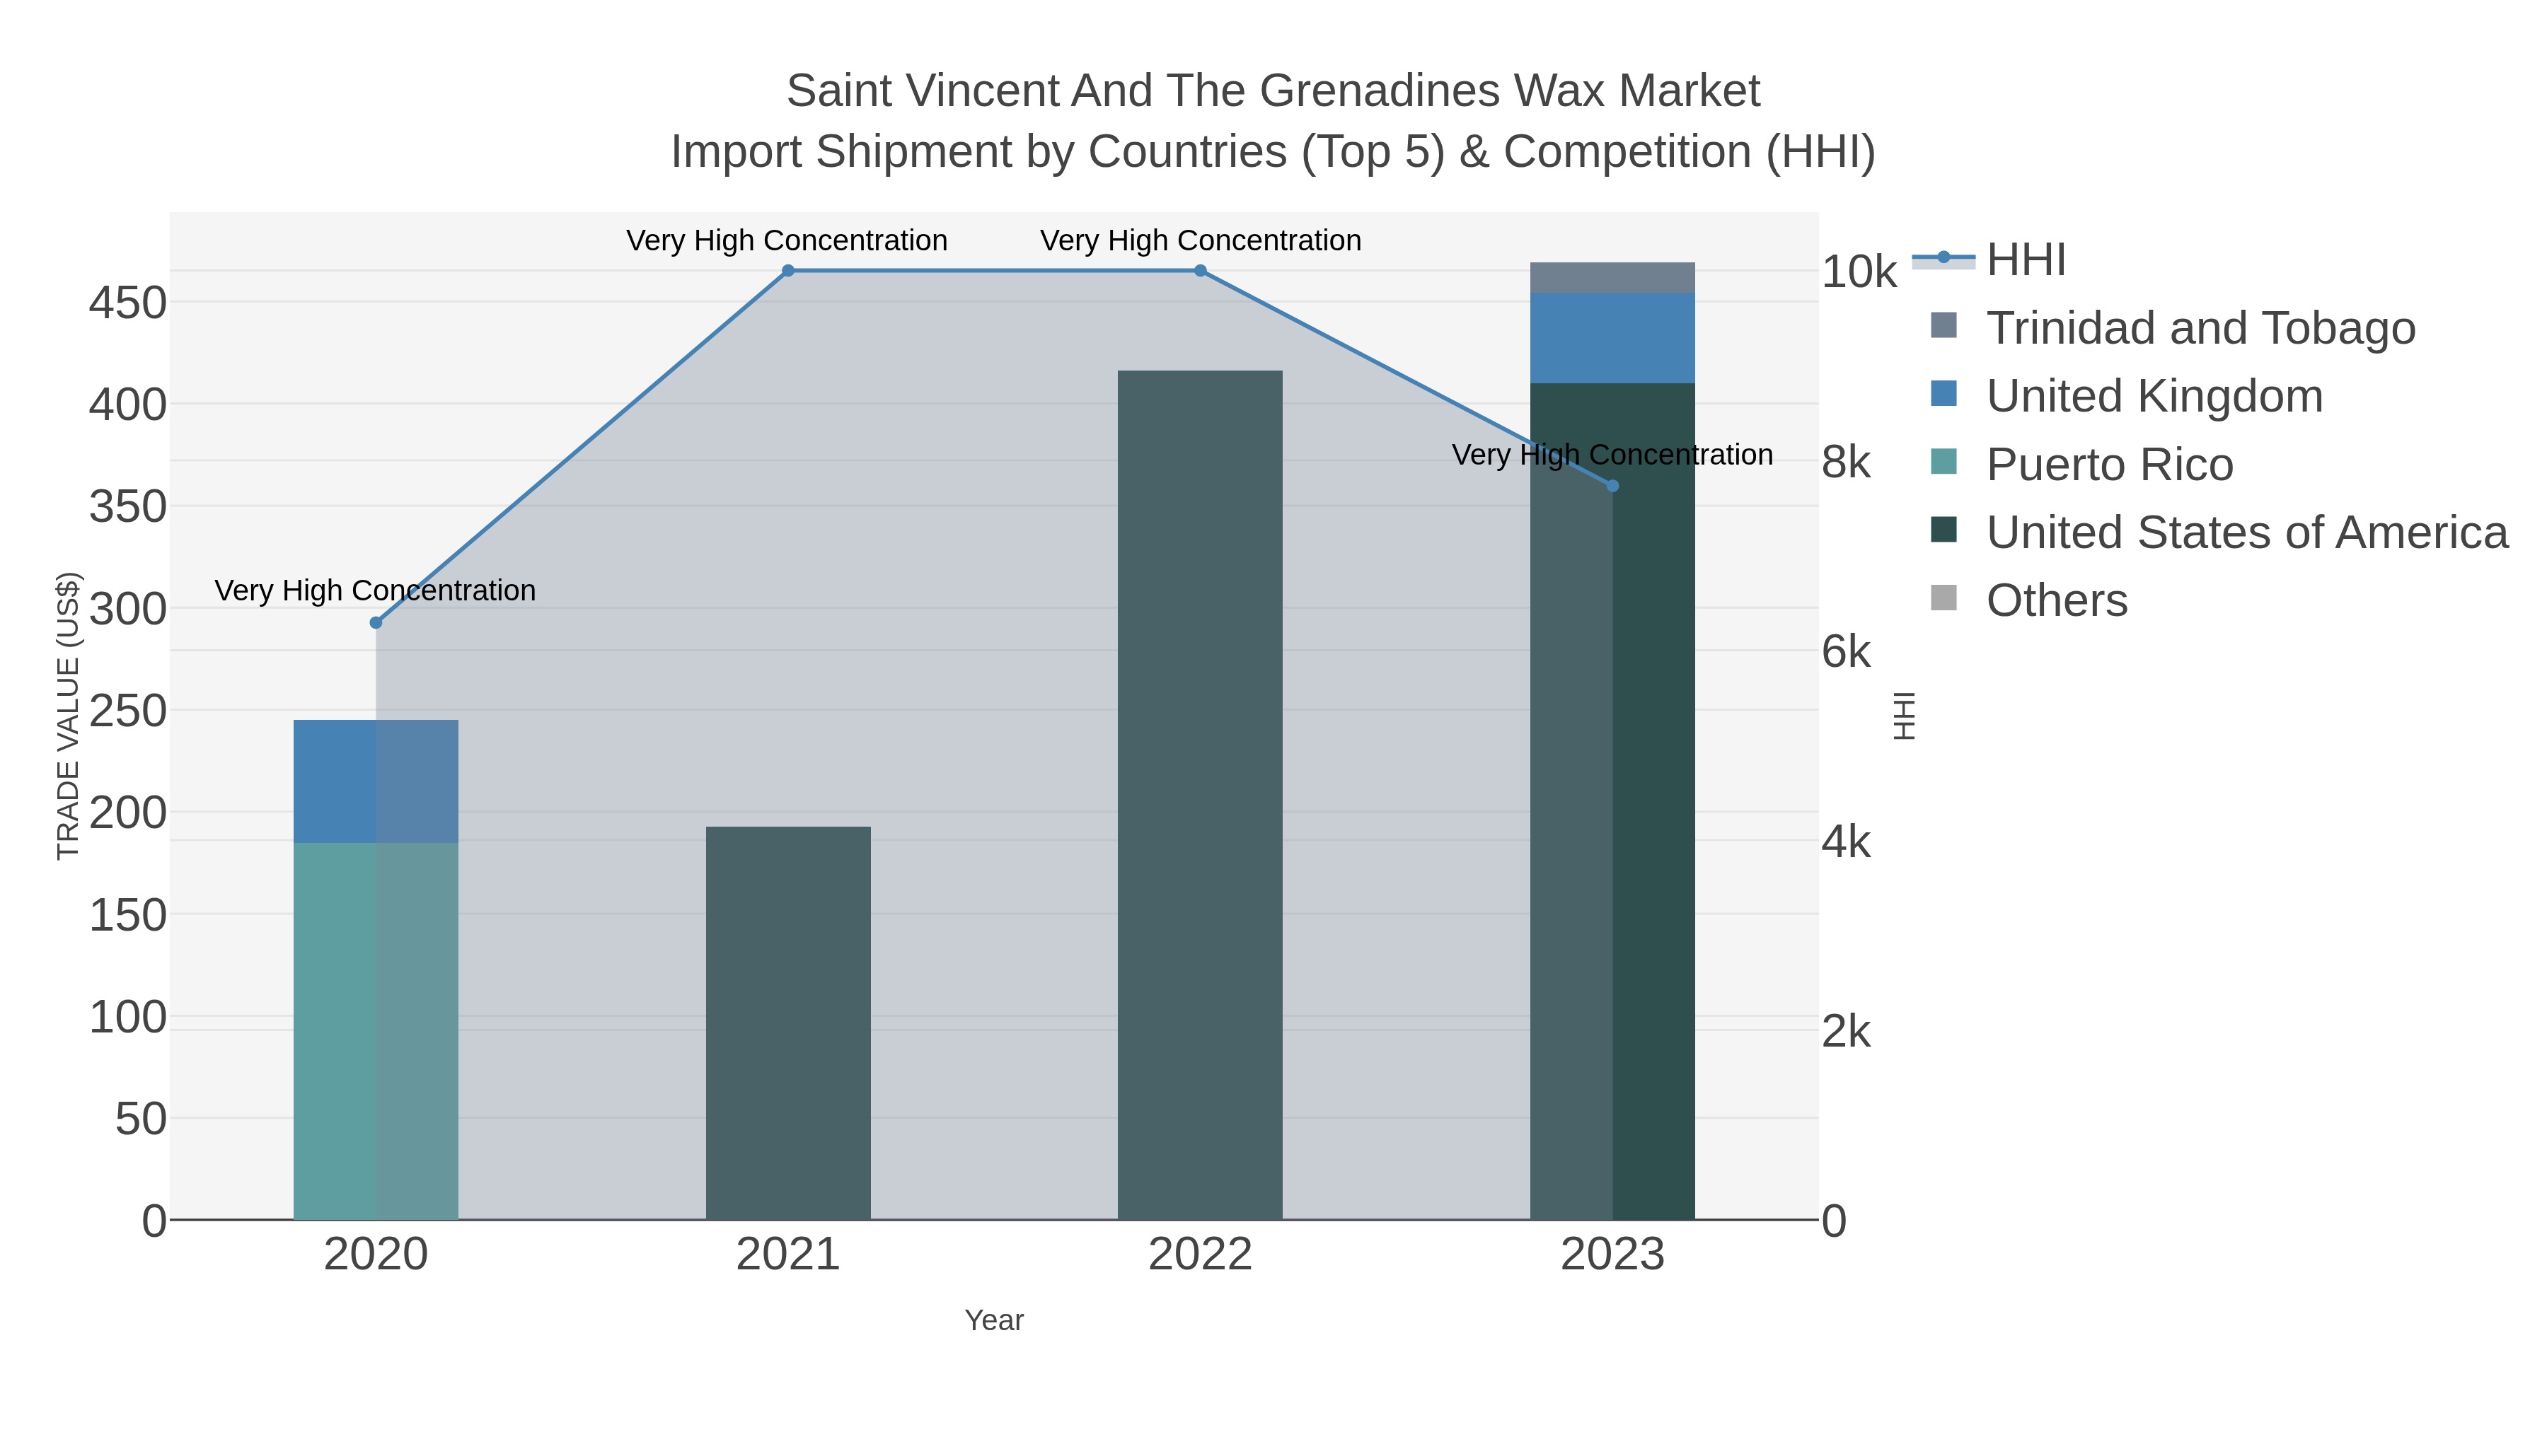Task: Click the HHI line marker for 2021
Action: coord(788,271)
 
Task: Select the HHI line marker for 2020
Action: coord(376,622)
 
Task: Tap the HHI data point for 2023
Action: coord(1612,485)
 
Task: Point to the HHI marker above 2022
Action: coord(1201,271)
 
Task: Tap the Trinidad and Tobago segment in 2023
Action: coord(1612,278)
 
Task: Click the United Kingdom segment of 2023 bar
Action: coord(1612,338)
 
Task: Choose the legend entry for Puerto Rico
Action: coord(2109,465)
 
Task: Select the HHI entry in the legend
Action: coord(2025,260)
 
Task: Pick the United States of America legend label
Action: coord(2246,532)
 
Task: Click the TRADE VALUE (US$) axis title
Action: coord(67,716)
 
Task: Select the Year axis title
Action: coord(994,1320)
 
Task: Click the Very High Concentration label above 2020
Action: coord(376,591)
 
